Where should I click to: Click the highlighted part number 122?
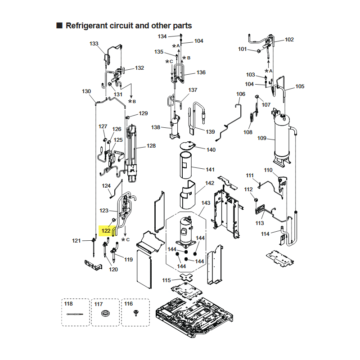[106, 230]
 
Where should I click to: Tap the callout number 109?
[262, 138]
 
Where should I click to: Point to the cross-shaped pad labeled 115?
[186, 278]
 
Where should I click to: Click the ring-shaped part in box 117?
[105, 313]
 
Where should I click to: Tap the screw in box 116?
[136, 313]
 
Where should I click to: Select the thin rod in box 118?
[75, 314]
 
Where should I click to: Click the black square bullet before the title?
[59, 25]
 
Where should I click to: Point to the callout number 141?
[210, 170]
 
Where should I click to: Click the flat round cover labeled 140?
[188, 145]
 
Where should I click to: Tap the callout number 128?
[151, 145]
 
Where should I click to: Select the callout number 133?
[94, 44]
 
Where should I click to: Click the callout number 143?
[206, 203]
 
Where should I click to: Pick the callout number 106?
[241, 94]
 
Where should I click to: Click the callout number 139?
[210, 132]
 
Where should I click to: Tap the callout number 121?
[76, 241]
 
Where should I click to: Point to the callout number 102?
[289, 40]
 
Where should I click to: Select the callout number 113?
[260, 223]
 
